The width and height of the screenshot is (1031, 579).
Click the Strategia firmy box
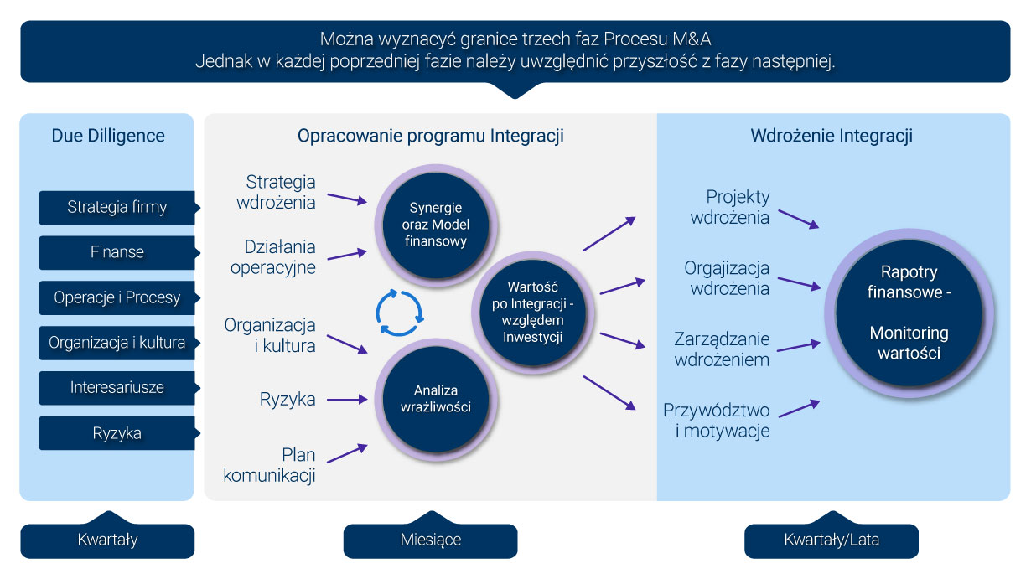point(117,207)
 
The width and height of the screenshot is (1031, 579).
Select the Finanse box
point(117,252)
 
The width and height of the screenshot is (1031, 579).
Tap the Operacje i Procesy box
point(117,297)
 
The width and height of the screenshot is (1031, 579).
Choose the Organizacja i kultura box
point(117,343)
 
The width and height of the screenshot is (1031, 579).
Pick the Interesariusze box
point(117,388)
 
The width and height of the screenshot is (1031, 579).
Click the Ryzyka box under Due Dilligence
point(117,433)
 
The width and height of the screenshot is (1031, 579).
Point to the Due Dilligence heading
point(108,136)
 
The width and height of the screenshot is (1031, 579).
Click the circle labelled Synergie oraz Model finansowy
point(436,224)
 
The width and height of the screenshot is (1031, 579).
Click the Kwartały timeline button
point(107,540)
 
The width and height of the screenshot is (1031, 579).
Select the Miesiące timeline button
point(430,540)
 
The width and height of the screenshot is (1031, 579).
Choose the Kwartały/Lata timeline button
point(832,540)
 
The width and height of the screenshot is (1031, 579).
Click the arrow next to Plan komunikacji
point(347,453)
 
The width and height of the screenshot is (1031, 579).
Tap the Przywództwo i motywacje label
point(717,421)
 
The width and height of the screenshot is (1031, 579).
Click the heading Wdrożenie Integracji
point(832,136)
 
